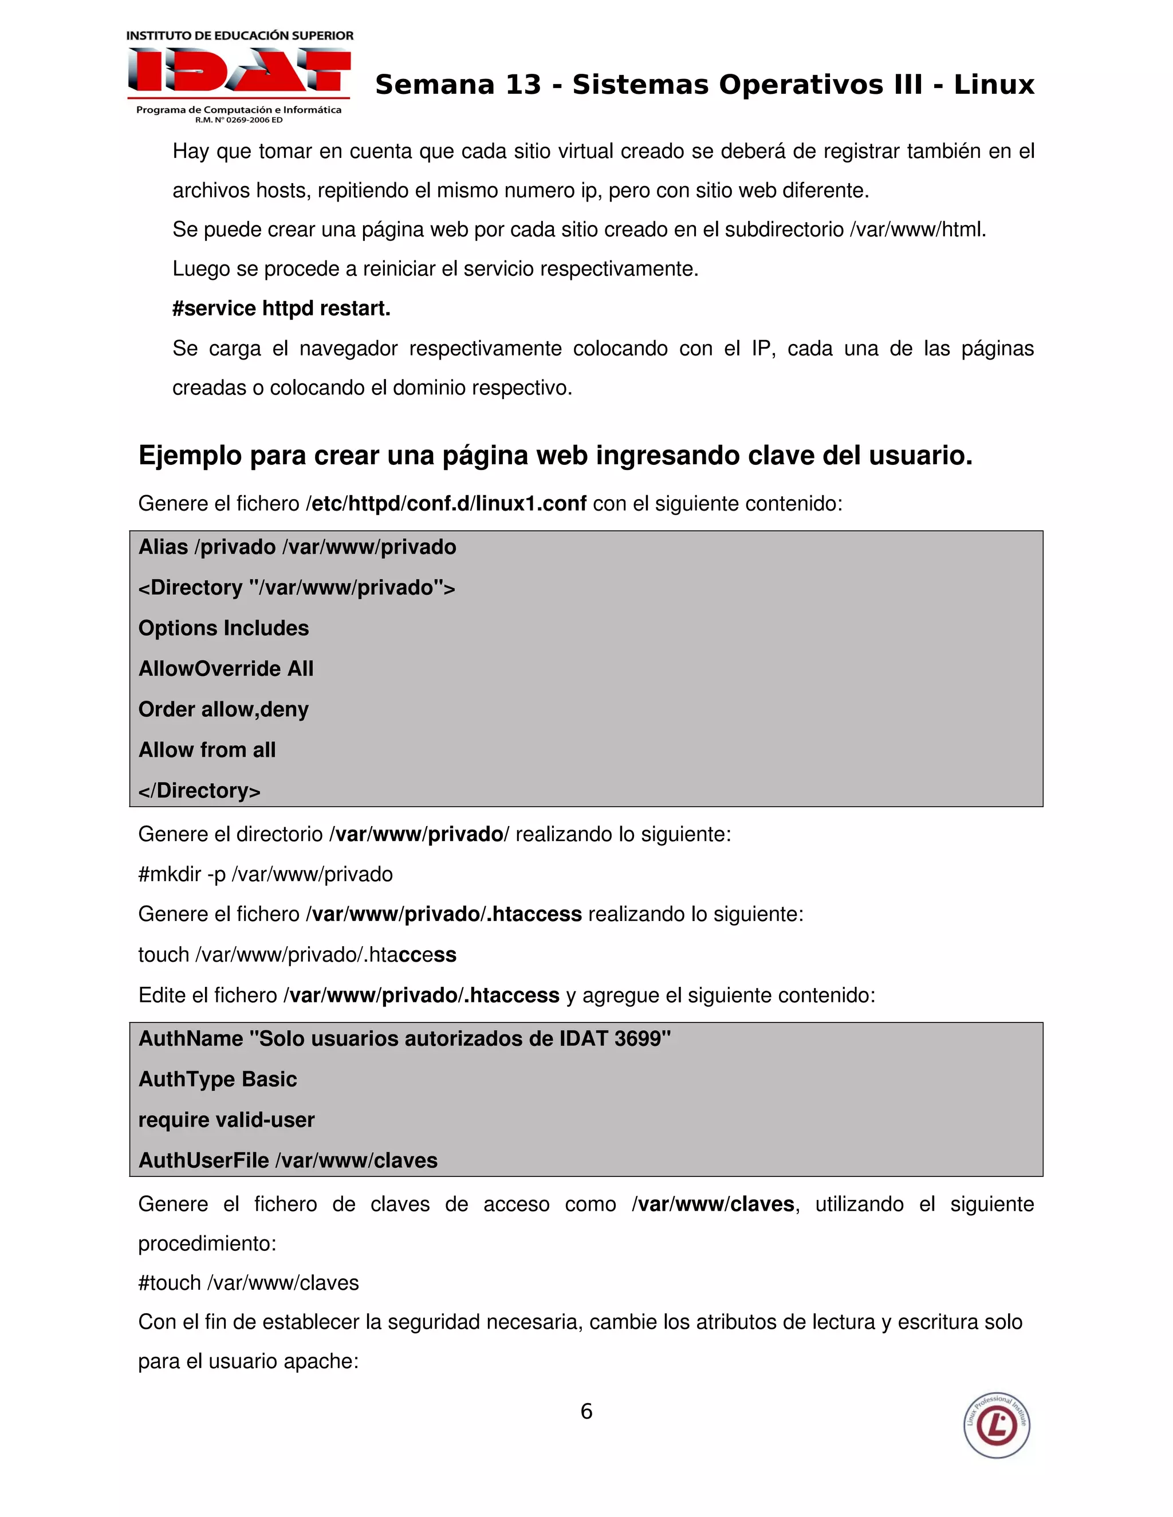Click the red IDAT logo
[238, 71]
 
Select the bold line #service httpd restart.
[281, 309]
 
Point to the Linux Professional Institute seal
[997, 1425]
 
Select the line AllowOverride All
[226, 668]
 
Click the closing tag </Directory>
[199, 791]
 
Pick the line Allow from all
[207, 750]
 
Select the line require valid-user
[227, 1120]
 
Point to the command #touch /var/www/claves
[249, 1282]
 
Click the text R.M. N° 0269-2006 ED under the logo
[238, 120]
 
